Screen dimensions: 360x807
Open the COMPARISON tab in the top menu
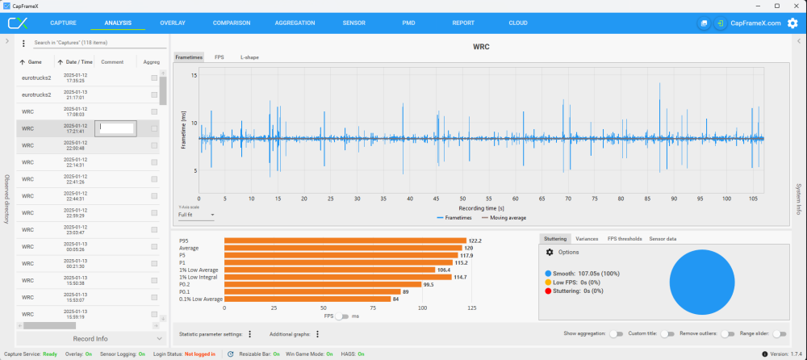click(232, 23)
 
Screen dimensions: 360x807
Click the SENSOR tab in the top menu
click(353, 23)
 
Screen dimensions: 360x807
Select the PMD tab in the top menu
click(408, 23)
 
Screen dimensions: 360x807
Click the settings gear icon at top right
click(792, 23)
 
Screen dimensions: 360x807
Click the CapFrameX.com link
click(755, 23)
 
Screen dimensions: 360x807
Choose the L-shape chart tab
click(249, 58)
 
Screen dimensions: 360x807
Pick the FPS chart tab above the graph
click(220, 58)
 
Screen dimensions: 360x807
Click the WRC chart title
click(481, 47)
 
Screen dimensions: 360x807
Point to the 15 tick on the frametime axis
click(194, 75)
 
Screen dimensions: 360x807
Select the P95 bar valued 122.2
click(345, 241)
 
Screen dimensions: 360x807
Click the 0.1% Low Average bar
click(307, 299)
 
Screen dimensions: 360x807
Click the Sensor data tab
click(663, 239)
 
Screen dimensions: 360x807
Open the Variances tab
click(587, 239)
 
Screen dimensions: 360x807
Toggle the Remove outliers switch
click(728, 333)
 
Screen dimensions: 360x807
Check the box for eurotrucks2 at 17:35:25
click(154, 77)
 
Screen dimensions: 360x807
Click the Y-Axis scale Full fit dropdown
click(196, 215)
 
